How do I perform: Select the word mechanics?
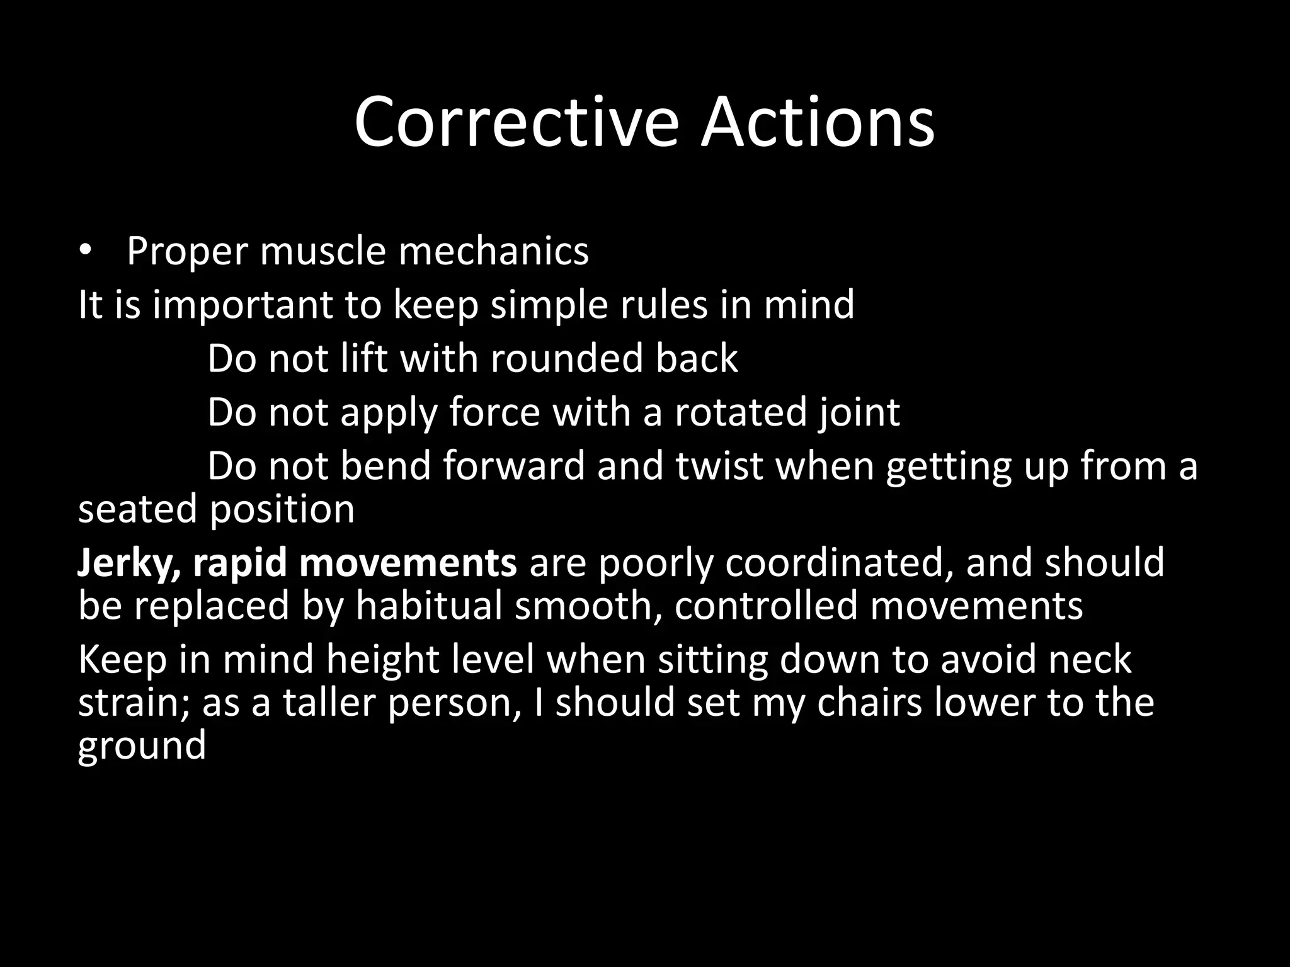point(493,251)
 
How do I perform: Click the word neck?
point(1089,659)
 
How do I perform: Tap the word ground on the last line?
point(142,745)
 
